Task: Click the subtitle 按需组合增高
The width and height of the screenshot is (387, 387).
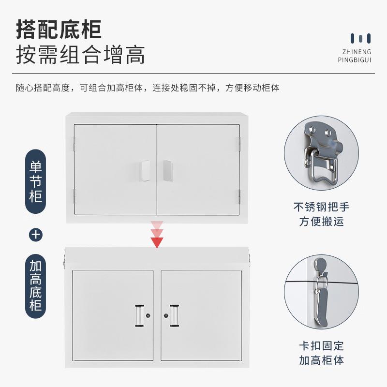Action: [x=80, y=55]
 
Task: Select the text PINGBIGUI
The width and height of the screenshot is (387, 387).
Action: [x=354, y=60]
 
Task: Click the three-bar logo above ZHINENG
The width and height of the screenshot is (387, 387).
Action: [x=361, y=38]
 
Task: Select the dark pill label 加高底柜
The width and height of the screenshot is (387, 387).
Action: [x=36, y=285]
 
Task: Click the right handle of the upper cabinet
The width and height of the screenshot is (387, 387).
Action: [x=167, y=171]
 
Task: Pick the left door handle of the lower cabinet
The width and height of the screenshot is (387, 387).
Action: [x=139, y=315]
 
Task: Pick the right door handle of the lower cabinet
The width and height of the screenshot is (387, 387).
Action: [x=174, y=315]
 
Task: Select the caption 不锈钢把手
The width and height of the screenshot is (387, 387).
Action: [x=321, y=207]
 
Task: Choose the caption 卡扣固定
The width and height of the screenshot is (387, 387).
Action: [x=321, y=345]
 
